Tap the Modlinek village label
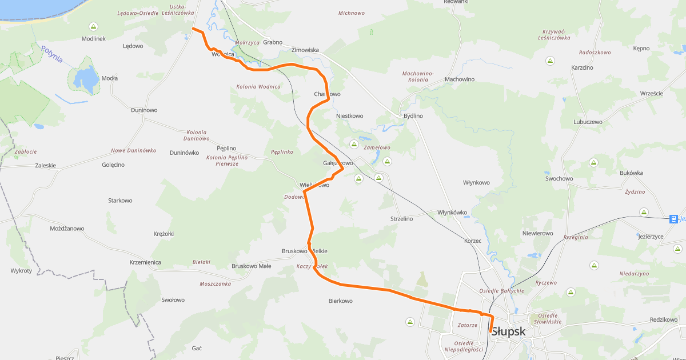(x=93, y=38)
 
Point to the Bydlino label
(x=413, y=116)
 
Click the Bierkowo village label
(x=340, y=301)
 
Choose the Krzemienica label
(x=145, y=262)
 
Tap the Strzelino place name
(x=401, y=219)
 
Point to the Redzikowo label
(x=663, y=320)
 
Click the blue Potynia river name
(x=51, y=55)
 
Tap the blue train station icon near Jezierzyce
(x=674, y=218)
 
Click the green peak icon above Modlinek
(x=93, y=26)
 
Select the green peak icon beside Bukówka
(x=593, y=163)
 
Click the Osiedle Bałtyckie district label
(x=501, y=291)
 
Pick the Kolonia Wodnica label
(x=258, y=87)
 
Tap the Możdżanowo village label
(x=67, y=229)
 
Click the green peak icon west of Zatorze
(x=410, y=322)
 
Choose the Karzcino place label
(x=582, y=67)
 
